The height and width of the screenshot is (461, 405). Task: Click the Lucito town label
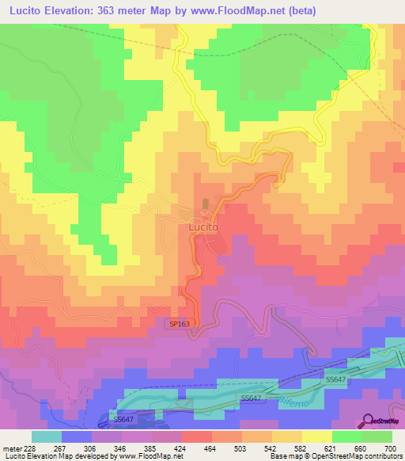[203, 226]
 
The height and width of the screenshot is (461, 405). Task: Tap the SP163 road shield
[179, 324]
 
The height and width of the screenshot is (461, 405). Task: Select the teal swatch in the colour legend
[47, 436]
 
